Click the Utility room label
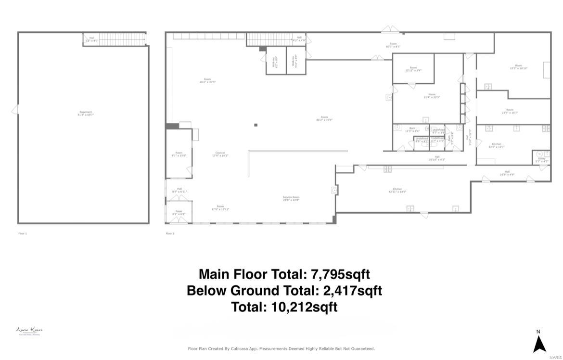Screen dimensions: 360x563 (541, 160)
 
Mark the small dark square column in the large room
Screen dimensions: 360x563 (256, 125)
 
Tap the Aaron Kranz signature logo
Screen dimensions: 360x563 (29, 331)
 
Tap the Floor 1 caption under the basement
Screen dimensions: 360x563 (23, 233)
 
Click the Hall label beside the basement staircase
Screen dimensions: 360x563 (91, 39)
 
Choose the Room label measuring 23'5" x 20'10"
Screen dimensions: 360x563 (518, 67)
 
